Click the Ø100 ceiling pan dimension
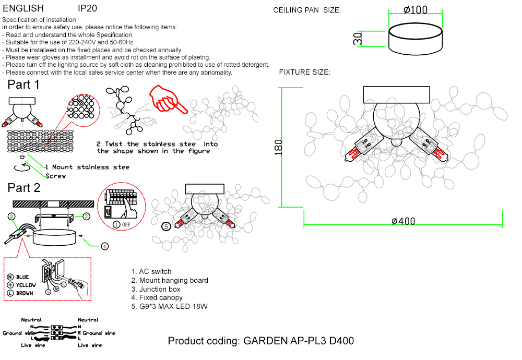pyautogui.click(x=416, y=10)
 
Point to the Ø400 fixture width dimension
pyautogui.click(x=403, y=221)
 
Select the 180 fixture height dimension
pyautogui.click(x=278, y=147)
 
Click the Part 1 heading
pyautogui.click(x=23, y=85)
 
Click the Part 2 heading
pyautogui.click(x=23, y=188)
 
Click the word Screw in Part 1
pyautogui.click(x=56, y=176)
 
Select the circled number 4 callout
pyautogui.click(x=104, y=246)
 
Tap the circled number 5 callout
pyautogui.click(x=165, y=226)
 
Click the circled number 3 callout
pyautogui.click(x=11, y=215)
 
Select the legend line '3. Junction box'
pyautogui.click(x=156, y=289)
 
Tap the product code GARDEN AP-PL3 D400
pyautogui.click(x=260, y=341)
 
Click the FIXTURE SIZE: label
pyautogui.click(x=304, y=72)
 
